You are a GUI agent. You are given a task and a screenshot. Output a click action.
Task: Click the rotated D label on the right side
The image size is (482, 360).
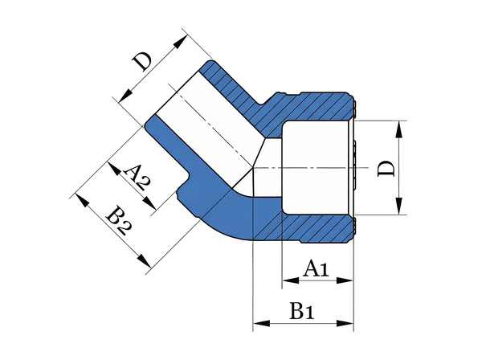(387, 168)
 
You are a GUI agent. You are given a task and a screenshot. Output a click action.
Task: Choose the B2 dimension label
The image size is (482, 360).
(118, 220)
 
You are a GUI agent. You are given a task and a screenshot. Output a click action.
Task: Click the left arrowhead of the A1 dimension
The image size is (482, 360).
(287, 281)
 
